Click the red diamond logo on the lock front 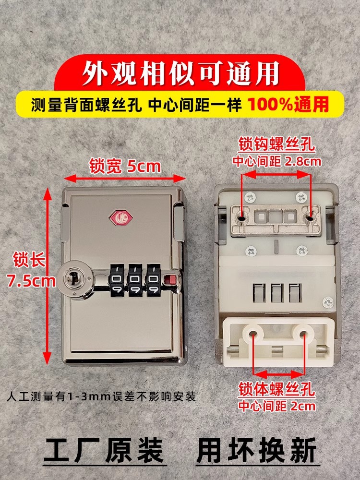click(x=120, y=217)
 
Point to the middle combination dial click(x=135, y=280)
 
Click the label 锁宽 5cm click(x=125, y=166)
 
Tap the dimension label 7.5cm click(x=31, y=281)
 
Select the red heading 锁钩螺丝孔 click(x=276, y=144)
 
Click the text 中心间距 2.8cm click(x=277, y=161)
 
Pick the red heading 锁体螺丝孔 click(x=276, y=390)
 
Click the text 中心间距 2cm click(x=277, y=406)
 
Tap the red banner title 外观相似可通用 click(x=180, y=73)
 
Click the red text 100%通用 click(x=288, y=104)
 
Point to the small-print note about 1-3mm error click(x=101, y=397)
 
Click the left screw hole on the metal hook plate click(x=242, y=218)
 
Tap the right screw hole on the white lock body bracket click(x=303, y=334)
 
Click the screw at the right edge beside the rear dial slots click(x=328, y=303)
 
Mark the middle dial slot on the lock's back click(x=277, y=293)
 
